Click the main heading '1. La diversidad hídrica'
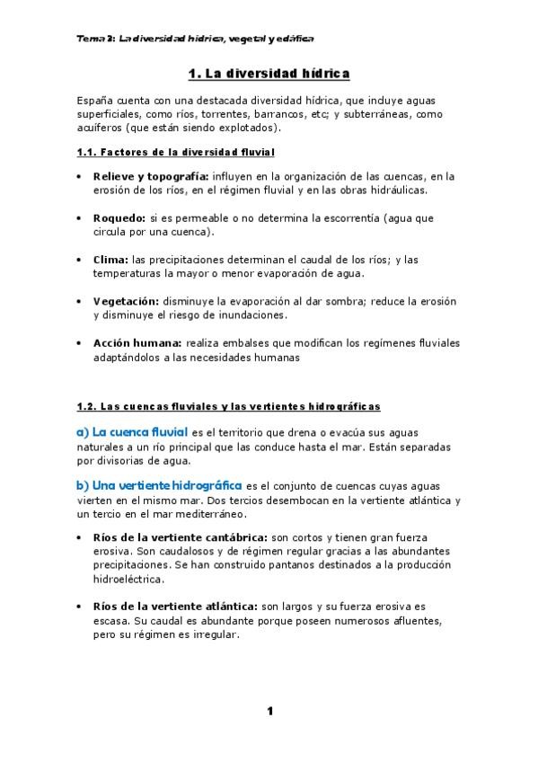click(x=269, y=73)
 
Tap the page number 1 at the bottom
click(x=269, y=712)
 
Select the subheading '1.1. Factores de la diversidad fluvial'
click(x=176, y=153)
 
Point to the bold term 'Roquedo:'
click(x=119, y=218)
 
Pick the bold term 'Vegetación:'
click(x=127, y=301)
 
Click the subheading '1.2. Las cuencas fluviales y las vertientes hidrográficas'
click(x=229, y=407)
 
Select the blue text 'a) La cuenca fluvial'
click(x=132, y=431)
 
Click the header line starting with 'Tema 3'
click(x=195, y=40)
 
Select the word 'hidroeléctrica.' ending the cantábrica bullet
click(x=128, y=580)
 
